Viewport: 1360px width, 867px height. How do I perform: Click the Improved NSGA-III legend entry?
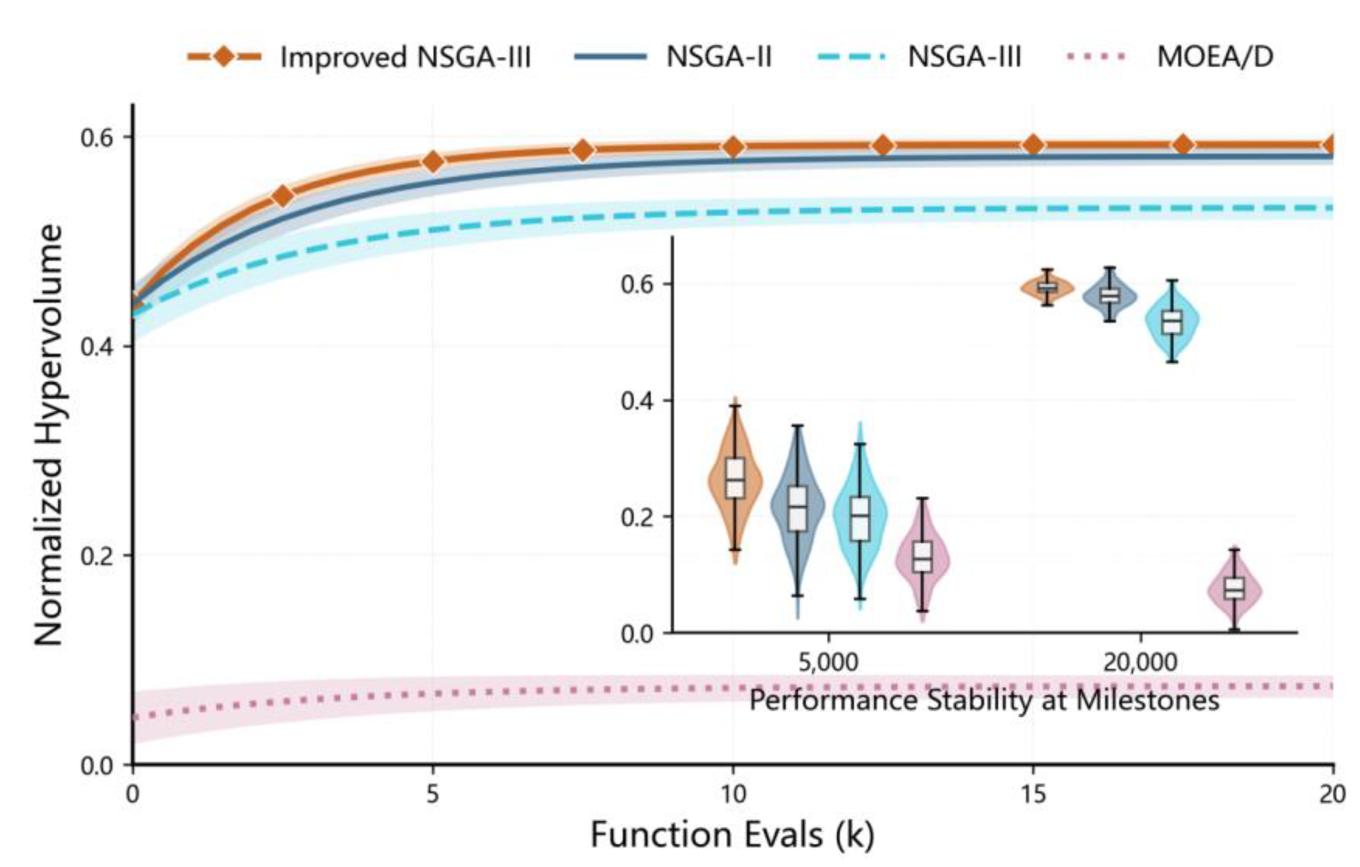point(360,57)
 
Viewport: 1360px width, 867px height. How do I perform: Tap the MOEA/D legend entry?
point(1169,57)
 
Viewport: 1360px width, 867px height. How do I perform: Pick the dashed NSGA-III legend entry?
point(920,57)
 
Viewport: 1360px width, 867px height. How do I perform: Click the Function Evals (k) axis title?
point(732,835)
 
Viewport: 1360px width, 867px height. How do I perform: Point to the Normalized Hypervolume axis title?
point(49,435)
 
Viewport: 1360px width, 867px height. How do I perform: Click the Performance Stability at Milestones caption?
point(984,701)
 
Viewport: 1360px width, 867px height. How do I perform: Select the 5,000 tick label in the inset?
point(828,662)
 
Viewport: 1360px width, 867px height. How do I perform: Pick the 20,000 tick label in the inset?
point(1141,662)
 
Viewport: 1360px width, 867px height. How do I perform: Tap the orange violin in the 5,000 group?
point(735,481)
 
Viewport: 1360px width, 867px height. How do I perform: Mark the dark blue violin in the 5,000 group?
point(798,505)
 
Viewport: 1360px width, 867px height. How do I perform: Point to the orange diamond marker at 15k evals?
point(1033,145)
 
